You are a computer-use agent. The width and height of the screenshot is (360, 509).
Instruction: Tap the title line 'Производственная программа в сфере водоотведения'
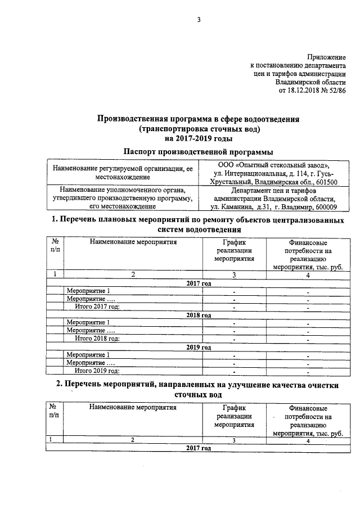(199, 119)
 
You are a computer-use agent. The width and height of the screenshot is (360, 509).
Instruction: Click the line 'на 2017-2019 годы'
(199, 138)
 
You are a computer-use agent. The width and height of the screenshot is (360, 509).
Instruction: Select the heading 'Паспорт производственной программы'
(191, 152)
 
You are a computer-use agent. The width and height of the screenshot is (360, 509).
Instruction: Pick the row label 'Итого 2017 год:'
(98, 307)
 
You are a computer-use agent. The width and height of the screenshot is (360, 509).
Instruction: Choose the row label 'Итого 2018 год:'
(98, 339)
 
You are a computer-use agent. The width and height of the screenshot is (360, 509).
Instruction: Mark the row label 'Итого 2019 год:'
(98, 371)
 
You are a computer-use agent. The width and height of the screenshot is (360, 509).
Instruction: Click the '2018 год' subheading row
(199, 315)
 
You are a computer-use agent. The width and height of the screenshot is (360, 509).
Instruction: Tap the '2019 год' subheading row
(199, 347)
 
